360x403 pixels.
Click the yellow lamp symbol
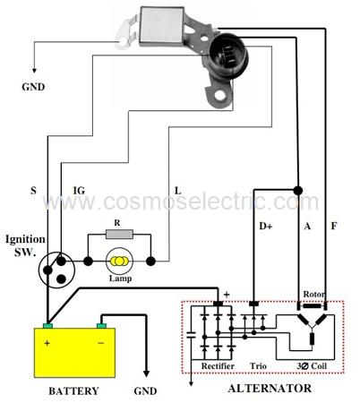(119, 262)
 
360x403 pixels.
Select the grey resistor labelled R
(119, 234)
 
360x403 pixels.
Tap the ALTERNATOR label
(270, 389)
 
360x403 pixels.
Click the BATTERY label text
(73, 391)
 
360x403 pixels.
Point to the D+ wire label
(265, 227)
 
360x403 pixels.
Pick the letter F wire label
(334, 226)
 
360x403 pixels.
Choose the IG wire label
(79, 191)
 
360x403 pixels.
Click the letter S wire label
(33, 191)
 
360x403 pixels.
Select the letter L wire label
(177, 191)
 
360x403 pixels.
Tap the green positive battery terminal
(47, 325)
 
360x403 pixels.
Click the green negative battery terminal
(101, 325)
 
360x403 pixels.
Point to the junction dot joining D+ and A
(297, 190)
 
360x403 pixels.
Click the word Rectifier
(218, 366)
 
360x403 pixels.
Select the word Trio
(258, 366)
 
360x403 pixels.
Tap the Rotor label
(314, 294)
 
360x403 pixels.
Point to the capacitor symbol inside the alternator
(191, 335)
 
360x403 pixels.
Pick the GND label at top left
(33, 87)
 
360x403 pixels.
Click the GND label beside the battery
(145, 391)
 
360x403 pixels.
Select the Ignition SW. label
(25, 245)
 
